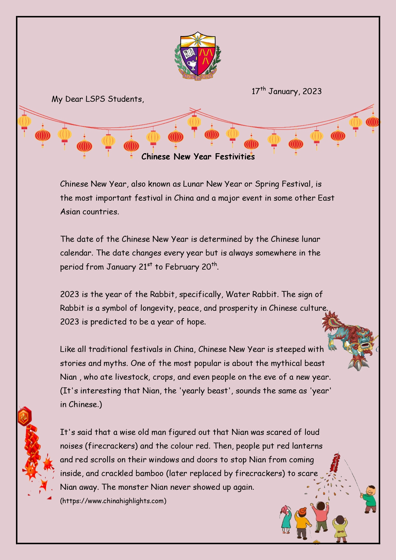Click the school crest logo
(198, 56)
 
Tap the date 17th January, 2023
(286, 91)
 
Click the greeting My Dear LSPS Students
(98, 99)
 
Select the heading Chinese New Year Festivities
(198, 157)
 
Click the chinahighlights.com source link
(113, 501)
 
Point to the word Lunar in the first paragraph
(193, 184)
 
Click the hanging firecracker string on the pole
(335, 463)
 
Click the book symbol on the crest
(190, 52)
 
